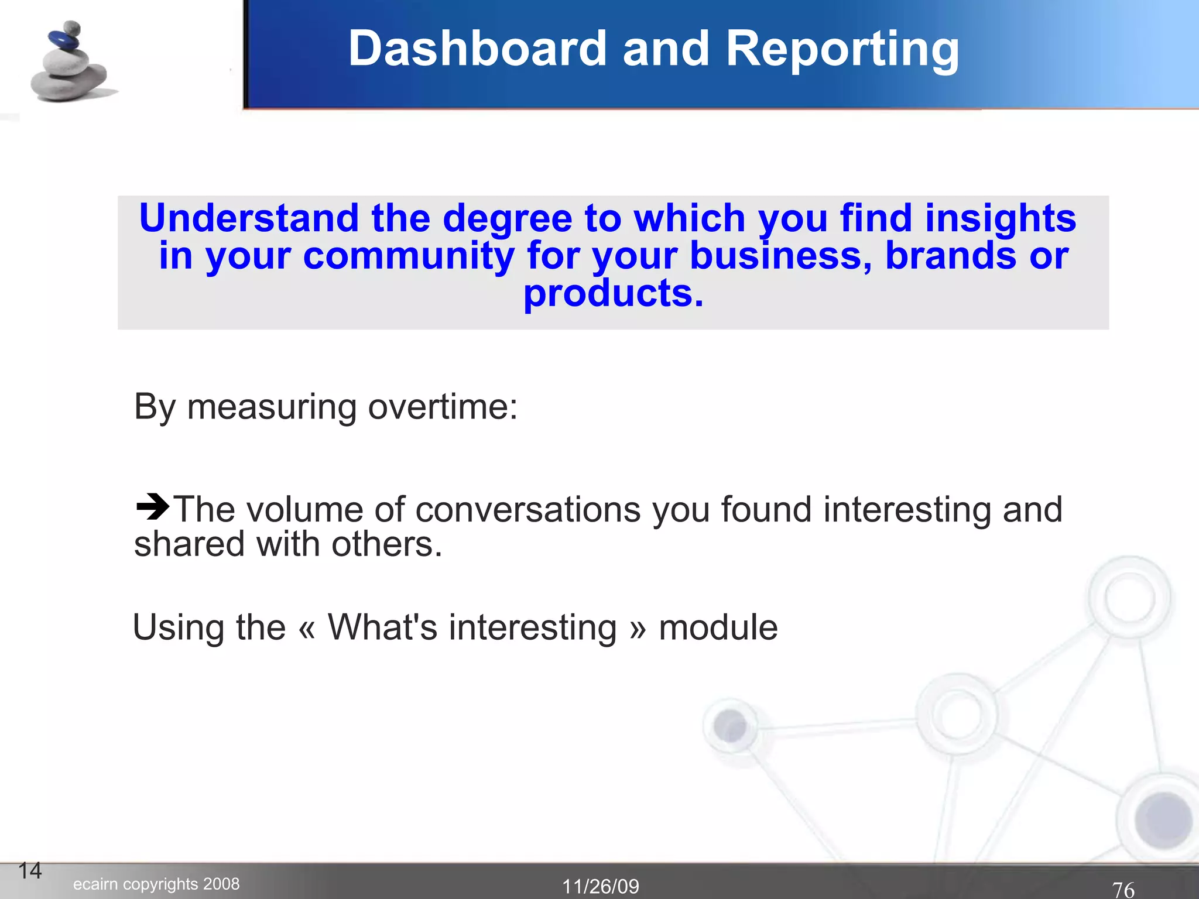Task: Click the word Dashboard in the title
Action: pyautogui.click(x=477, y=49)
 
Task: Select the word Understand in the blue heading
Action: pyautogui.click(x=249, y=218)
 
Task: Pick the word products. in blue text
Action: pyautogui.click(x=613, y=293)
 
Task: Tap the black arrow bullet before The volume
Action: pyautogui.click(x=152, y=506)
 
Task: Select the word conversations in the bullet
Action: pyautogui.click(x=527, y=509)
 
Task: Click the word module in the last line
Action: pyautogui.click(x=718, y=627)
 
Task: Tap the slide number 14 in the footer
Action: pyautogui.click(x=30, y=870)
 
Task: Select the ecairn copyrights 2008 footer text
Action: pyautogui.click(x=156, y=884)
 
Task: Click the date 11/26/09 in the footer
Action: pyautogui.click(x=601, y=886)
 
